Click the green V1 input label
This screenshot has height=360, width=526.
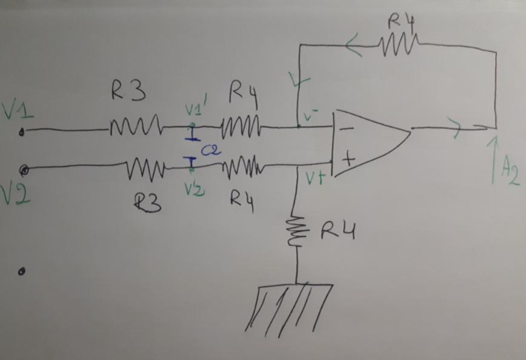pyautogui.click(x=16, y=110)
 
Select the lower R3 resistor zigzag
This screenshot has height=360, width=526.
pyautogui.click(x=145, y=167)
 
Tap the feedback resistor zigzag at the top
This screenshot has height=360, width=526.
pyautogui.click(x=398, y=44)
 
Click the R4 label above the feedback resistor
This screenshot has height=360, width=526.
pyautogui.click(x=401, y=21)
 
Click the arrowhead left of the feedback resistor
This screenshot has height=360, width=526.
pyautogui.click(x=353, y=47)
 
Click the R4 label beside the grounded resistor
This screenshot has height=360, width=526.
pyautogui.click(x=337, y=231)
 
